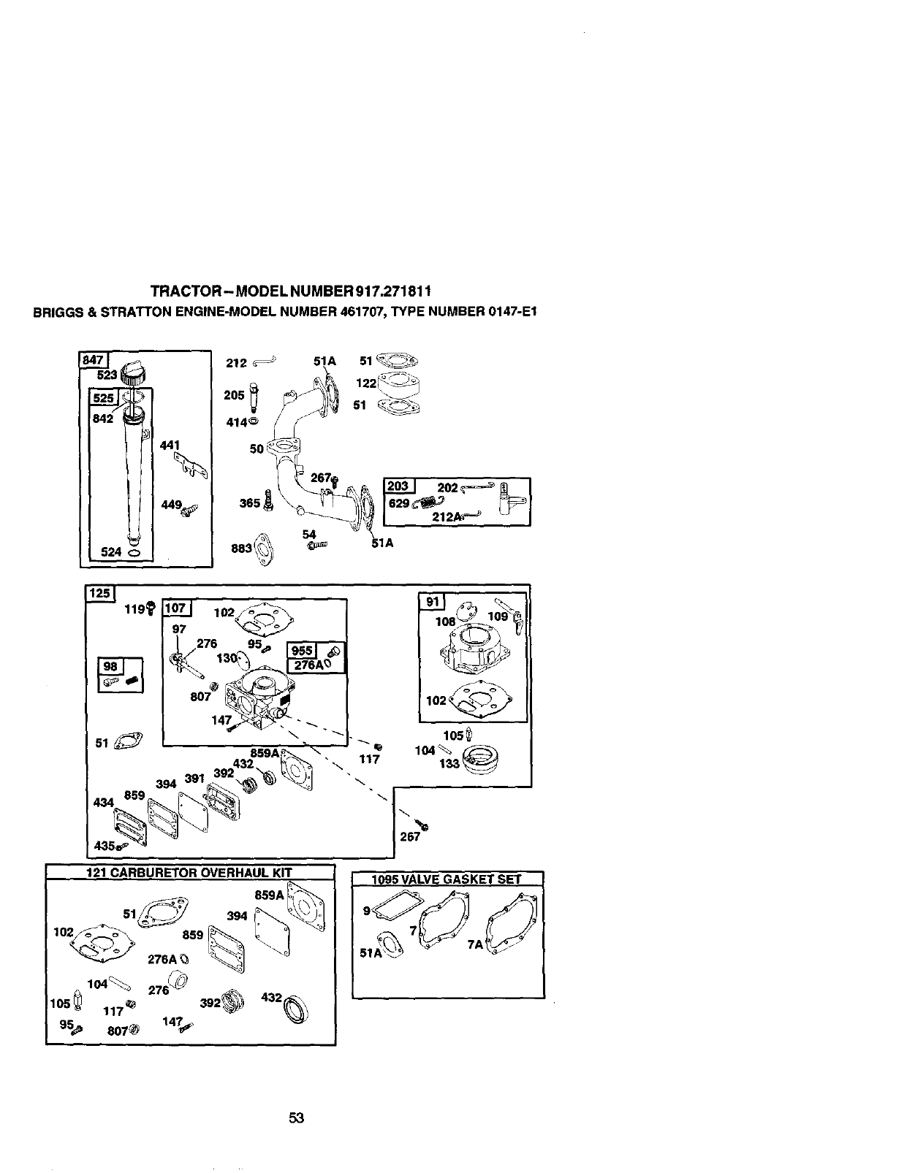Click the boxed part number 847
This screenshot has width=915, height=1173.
click(93, 359)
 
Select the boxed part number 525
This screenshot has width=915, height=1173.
click(102, 398)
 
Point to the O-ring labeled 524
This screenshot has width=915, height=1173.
click(135, 553)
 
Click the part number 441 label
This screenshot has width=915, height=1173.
click(169, 445)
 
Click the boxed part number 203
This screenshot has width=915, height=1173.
click(398, 487)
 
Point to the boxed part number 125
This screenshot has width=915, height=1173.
click(100, 592)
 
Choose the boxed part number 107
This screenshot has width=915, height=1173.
click(175, 608)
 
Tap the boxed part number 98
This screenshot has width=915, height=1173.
click(110, 665)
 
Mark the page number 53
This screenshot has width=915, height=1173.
click(296, 1118)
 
